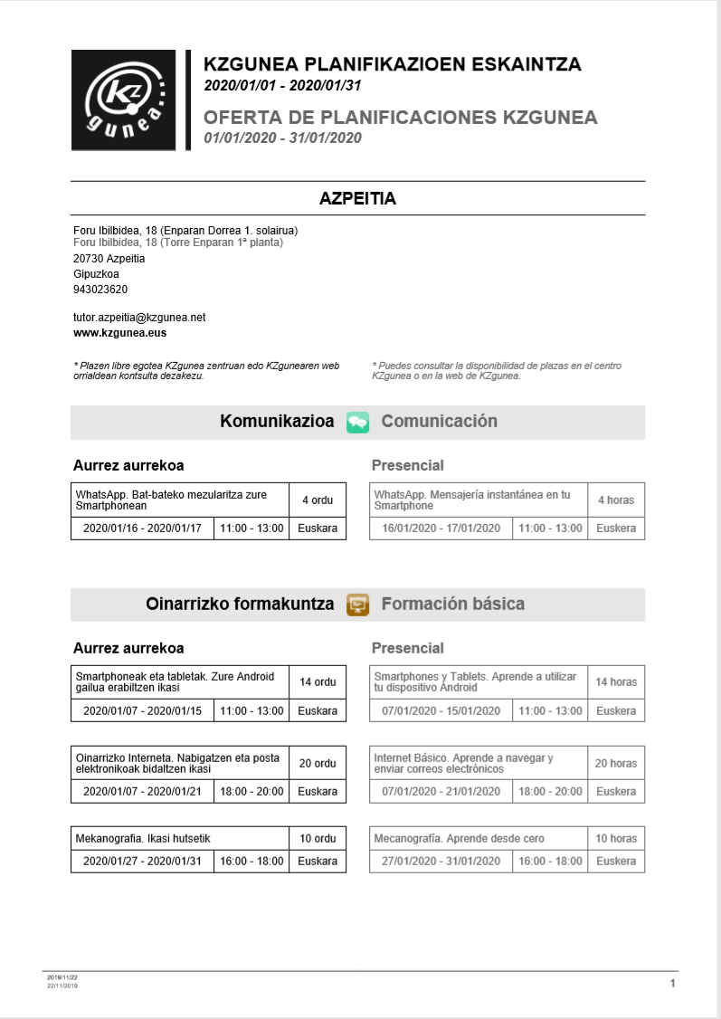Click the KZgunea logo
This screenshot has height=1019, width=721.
tap(126, 100)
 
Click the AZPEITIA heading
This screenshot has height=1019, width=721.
tap(357, 198)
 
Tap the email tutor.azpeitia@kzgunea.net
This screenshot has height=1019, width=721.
tap(139, 318)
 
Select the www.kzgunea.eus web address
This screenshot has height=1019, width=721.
tap(119, 333)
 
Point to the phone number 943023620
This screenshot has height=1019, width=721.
tap(100, 290)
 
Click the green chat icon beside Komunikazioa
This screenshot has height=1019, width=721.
tap(357, 422)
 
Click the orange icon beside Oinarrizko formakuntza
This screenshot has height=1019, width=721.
tap(357, 605)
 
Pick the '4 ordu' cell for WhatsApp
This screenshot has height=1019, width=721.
tap(318, 500)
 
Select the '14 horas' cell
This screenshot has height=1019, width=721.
tap(616, 682)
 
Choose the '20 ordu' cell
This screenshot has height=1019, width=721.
tap(318, 764)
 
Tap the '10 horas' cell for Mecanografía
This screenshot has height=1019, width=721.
tap(616, 839)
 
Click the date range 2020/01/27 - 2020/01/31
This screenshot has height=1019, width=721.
tap(142, 862)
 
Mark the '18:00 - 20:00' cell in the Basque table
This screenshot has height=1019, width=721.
tap(251, 792)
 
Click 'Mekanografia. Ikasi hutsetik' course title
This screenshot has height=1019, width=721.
tap(143, 839)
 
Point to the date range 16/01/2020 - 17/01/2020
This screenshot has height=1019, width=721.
tap(441, 529)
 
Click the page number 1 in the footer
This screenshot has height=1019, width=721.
tap(672, 983)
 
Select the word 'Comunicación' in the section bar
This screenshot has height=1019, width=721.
tap(439, 422)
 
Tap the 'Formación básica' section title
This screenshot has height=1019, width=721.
tap(452, 605)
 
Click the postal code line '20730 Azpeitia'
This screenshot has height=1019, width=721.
tap(109, 259)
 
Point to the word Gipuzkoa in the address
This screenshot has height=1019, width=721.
tap(96, 274)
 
